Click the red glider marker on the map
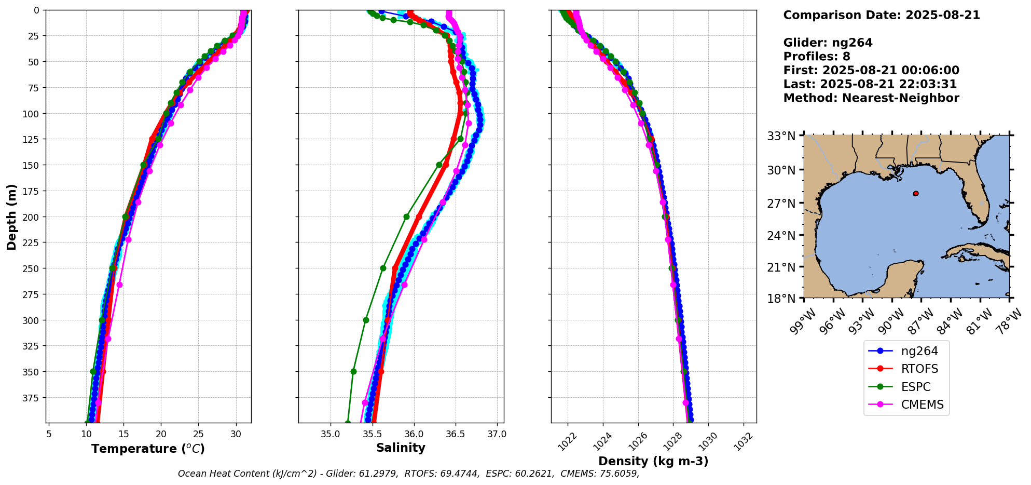(x=916, y=193)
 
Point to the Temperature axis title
(x=148, y=449)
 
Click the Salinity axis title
(x=401, y=448)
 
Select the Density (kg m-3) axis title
(x=653, y=461)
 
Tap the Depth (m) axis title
(x=11, y=217)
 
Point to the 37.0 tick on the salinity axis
(x=497, y=434)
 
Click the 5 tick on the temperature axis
(x=49, y=434)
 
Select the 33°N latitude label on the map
(x=781, y=136)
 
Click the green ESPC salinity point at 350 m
(x=353, y=371)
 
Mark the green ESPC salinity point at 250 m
(x=383, y=268)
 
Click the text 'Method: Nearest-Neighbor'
(x=871, y=98)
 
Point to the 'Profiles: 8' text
(x=817, y=56)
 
